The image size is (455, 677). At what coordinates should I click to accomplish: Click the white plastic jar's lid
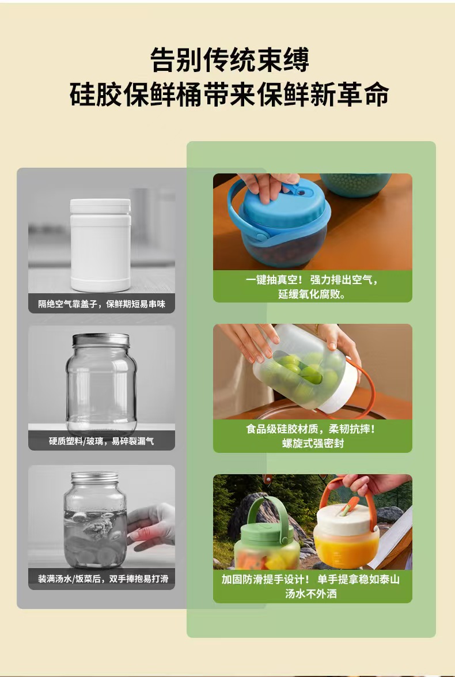click(100, 206)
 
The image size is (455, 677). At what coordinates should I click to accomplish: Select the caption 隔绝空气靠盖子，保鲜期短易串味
click(101, 304)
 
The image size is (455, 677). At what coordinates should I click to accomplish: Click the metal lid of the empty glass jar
click(101, 339)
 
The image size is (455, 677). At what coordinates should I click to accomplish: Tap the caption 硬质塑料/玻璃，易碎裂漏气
click(101, 441)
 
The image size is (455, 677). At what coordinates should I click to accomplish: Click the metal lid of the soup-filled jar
click(94, 478)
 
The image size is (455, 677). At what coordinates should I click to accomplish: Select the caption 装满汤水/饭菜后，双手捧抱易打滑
click(103, 578)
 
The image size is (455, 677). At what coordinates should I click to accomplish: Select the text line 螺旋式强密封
click(313, 444)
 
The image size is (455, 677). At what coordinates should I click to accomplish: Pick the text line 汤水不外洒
click(311, 593)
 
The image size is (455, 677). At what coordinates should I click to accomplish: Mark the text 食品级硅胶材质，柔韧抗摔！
click(311, 429)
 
